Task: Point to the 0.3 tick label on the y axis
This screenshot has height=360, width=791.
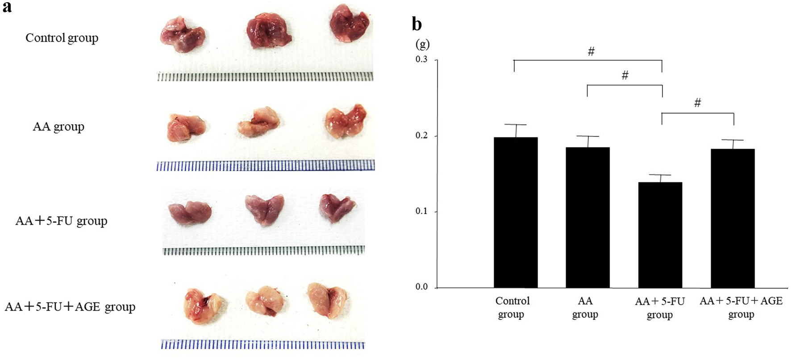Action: point(421,59)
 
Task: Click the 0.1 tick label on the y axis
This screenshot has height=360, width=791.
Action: point(421,211)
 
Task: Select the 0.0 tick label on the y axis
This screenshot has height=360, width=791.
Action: point(421,287)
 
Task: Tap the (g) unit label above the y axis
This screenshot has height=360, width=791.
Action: point(422,44)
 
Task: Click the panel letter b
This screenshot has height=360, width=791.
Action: point(416,24)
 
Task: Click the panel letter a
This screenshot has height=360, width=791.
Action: point(7,7)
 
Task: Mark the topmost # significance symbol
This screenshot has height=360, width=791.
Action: point(591,52)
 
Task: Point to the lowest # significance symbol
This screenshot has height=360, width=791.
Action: point(697,103)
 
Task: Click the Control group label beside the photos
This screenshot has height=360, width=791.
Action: point(62,38)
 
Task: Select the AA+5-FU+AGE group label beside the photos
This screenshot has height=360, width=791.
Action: point(70,307)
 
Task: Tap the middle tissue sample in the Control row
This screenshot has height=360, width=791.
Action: point(269,30)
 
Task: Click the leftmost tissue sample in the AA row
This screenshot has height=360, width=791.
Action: point(186,127)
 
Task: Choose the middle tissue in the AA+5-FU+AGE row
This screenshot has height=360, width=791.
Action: point(264,300)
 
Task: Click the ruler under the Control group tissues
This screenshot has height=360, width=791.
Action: point(265,77)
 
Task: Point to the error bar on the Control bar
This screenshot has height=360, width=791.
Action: point(516,130)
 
